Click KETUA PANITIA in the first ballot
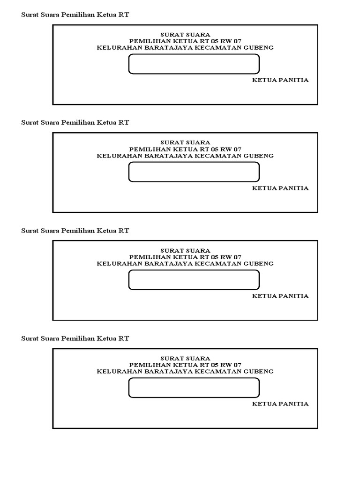(x=280, y=80)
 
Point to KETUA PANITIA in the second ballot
(x=280, y=188)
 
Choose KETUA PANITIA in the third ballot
(x=280, y=296)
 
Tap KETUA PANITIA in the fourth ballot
(x=280, y=404)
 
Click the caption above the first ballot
(x=75, y=15)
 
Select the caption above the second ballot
(x=75, y=122)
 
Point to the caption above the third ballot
(x=75, y=231)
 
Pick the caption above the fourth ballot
(x=75, y=338)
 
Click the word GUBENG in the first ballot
(x=258, y=48)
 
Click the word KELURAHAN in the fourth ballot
(x=120, y=371)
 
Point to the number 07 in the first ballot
(x=237, y=41)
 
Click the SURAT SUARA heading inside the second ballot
(x=185, y=142)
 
